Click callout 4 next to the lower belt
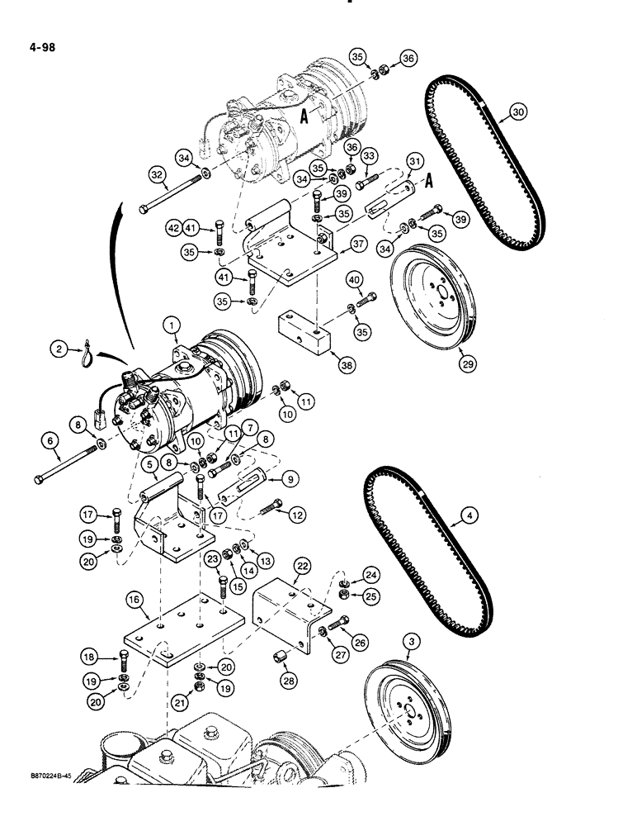468,518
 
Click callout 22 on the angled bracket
304,565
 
